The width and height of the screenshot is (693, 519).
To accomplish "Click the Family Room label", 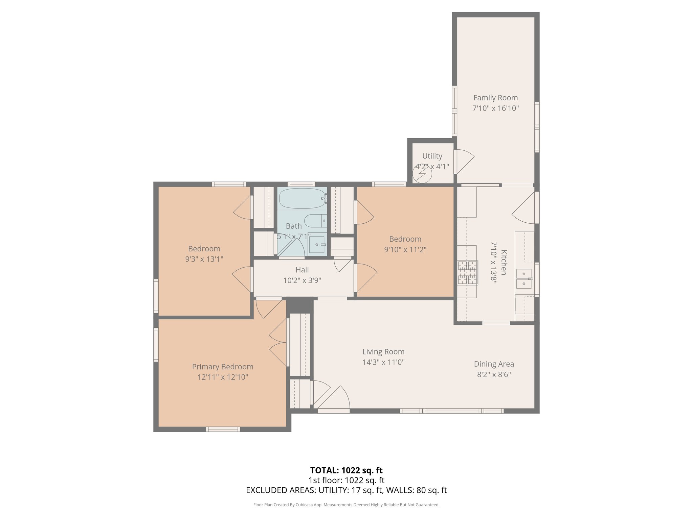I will click(495, 98).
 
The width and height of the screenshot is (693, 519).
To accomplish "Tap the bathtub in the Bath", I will click(302, 198).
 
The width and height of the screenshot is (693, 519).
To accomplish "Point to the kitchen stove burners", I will click(468, 272).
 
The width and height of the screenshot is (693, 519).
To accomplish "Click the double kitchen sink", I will click(524, 279).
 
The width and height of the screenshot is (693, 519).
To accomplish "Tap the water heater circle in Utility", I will click(422, 174).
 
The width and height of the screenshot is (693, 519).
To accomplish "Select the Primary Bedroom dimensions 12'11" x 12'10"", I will click(223, 377).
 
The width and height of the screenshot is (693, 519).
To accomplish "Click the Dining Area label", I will click(494, 364).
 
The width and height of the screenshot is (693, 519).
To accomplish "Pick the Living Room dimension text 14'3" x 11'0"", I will click(383, 362).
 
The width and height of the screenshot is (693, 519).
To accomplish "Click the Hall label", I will click(302, 270).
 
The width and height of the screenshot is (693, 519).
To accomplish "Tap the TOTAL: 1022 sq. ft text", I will click(346, 470).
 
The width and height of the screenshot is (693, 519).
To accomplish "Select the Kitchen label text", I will click(504, 263).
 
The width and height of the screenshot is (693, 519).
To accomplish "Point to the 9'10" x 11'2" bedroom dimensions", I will click(405, 250).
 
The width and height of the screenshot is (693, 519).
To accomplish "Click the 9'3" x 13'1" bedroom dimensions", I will click(204, 259).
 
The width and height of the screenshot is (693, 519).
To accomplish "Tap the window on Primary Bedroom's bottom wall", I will click(223, 429).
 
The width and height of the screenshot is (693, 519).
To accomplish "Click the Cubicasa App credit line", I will click(346, 505).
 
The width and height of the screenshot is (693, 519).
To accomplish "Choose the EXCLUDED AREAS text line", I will click(346, 490).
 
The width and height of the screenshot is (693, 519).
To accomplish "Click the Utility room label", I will click(432, 156).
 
